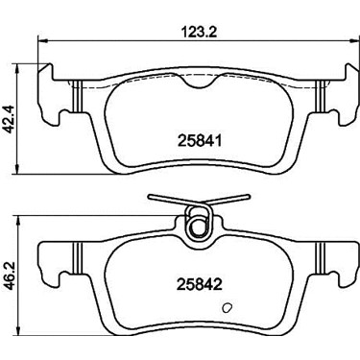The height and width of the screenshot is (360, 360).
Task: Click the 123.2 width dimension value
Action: tap(199, 32)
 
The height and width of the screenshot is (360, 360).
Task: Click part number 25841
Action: tap(200, 140)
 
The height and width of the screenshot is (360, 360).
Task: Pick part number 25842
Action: tap(200, 284)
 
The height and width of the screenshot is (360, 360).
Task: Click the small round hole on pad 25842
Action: tap(227, 308)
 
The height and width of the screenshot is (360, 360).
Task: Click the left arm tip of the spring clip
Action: tap(151, 199)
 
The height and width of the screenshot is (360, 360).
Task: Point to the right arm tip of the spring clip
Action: tap(247, 197)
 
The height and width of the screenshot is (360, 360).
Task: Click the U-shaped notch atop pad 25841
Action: tap(199, 83)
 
